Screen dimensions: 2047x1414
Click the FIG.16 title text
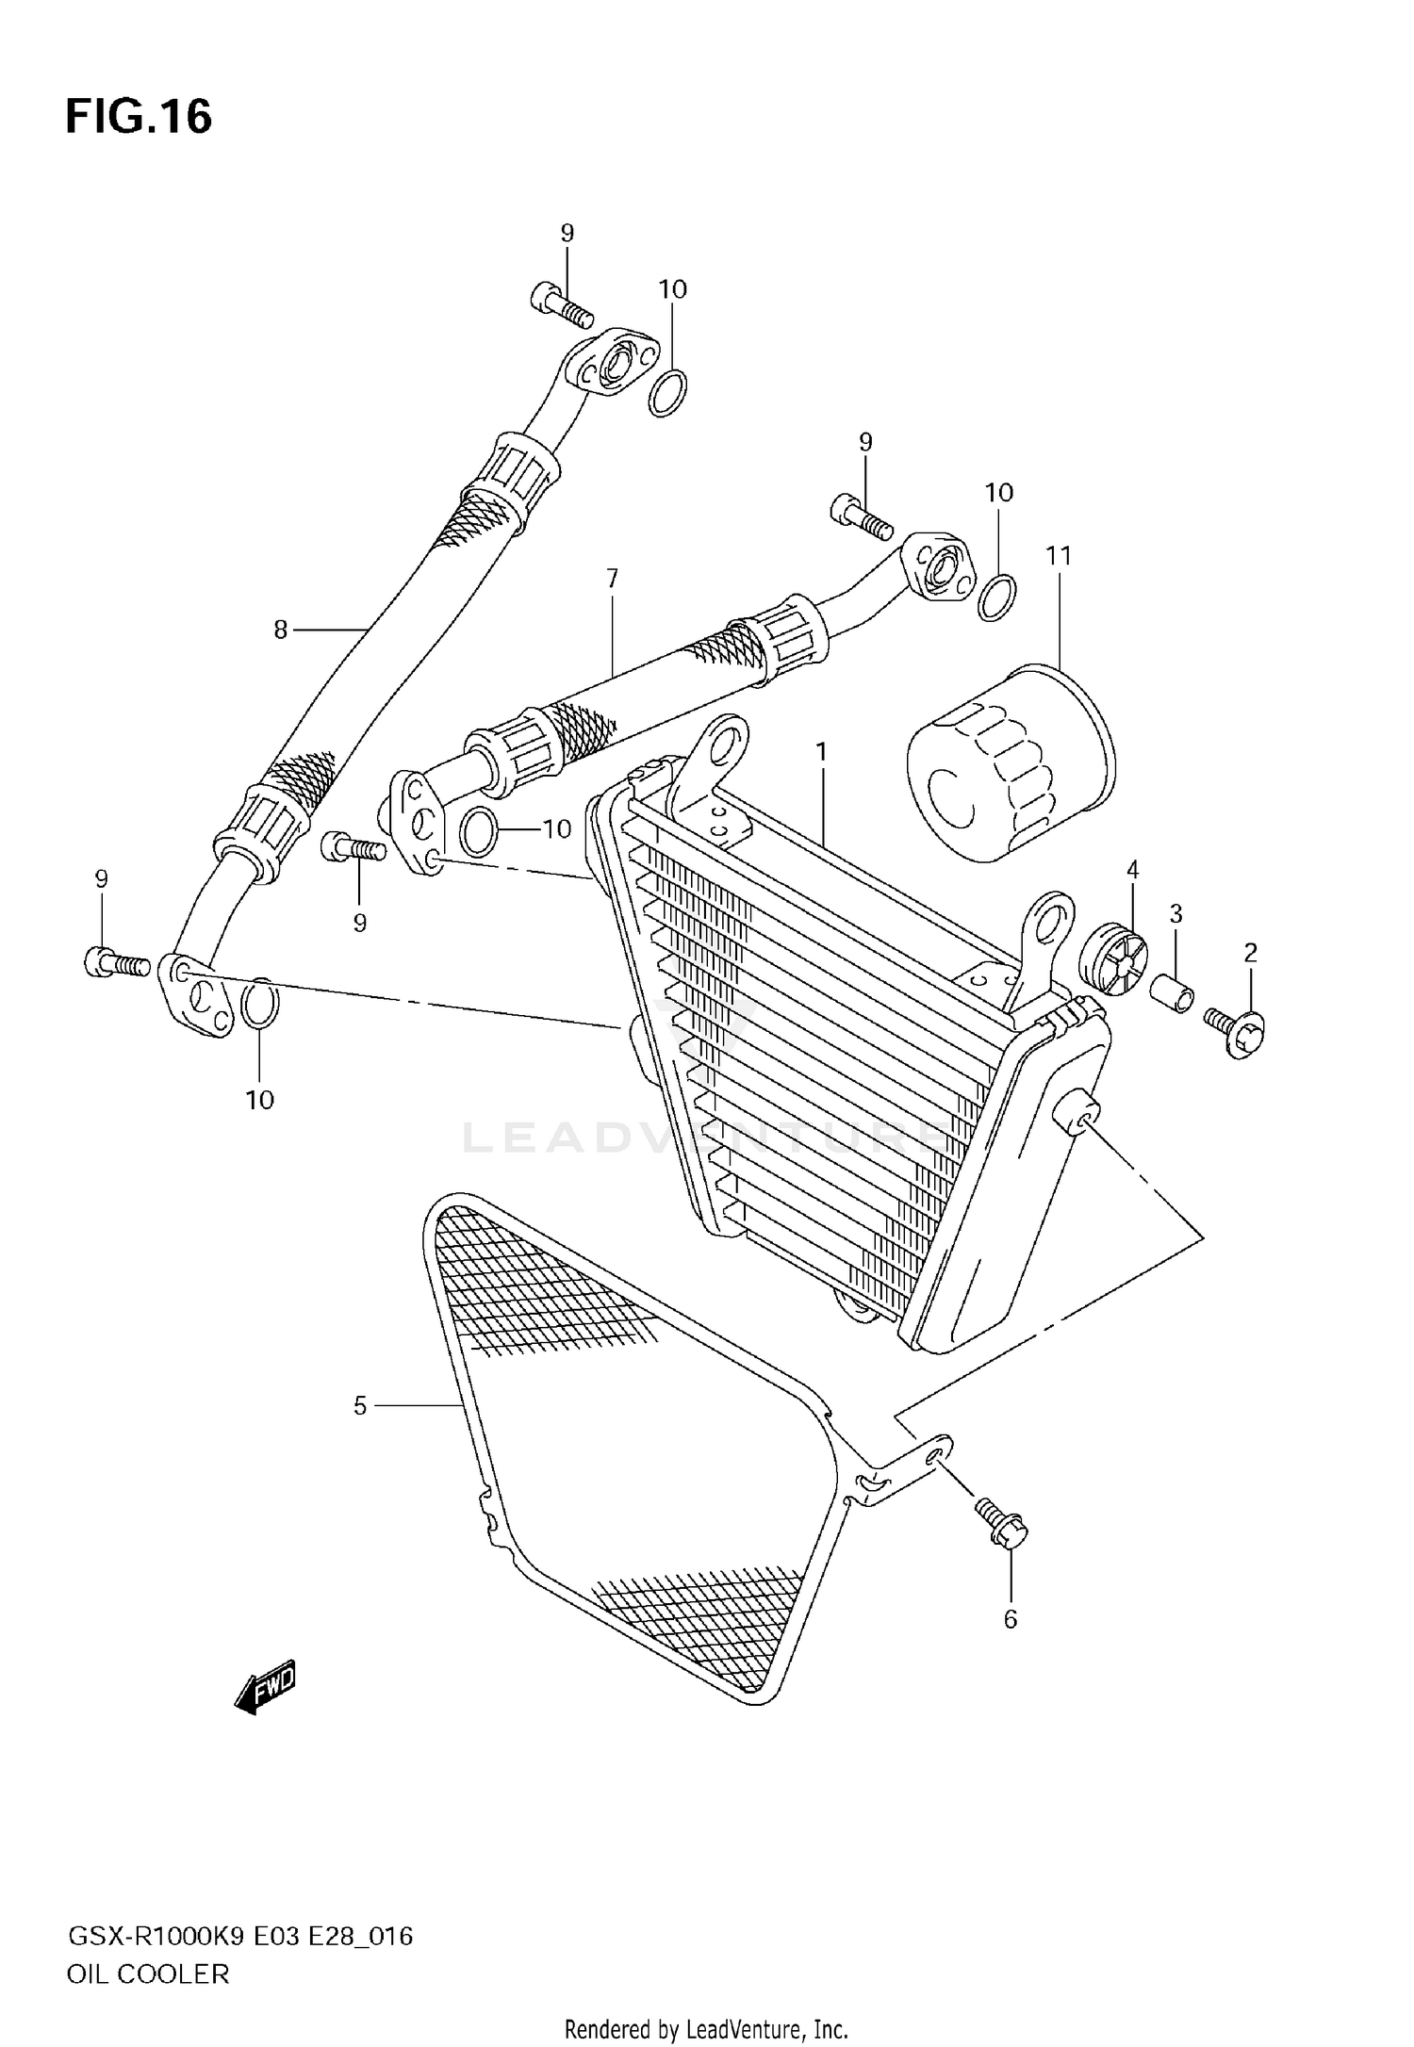(139, 117)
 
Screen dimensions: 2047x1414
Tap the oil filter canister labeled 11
(1011, 764)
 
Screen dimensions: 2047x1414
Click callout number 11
(1059, 556)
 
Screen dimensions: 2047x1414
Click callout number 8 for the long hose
(280, 630)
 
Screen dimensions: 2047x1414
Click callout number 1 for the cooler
(821, 752)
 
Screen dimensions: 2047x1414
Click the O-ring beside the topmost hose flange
(667, 393)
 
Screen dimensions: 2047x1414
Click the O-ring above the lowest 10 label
(260, 1006)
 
